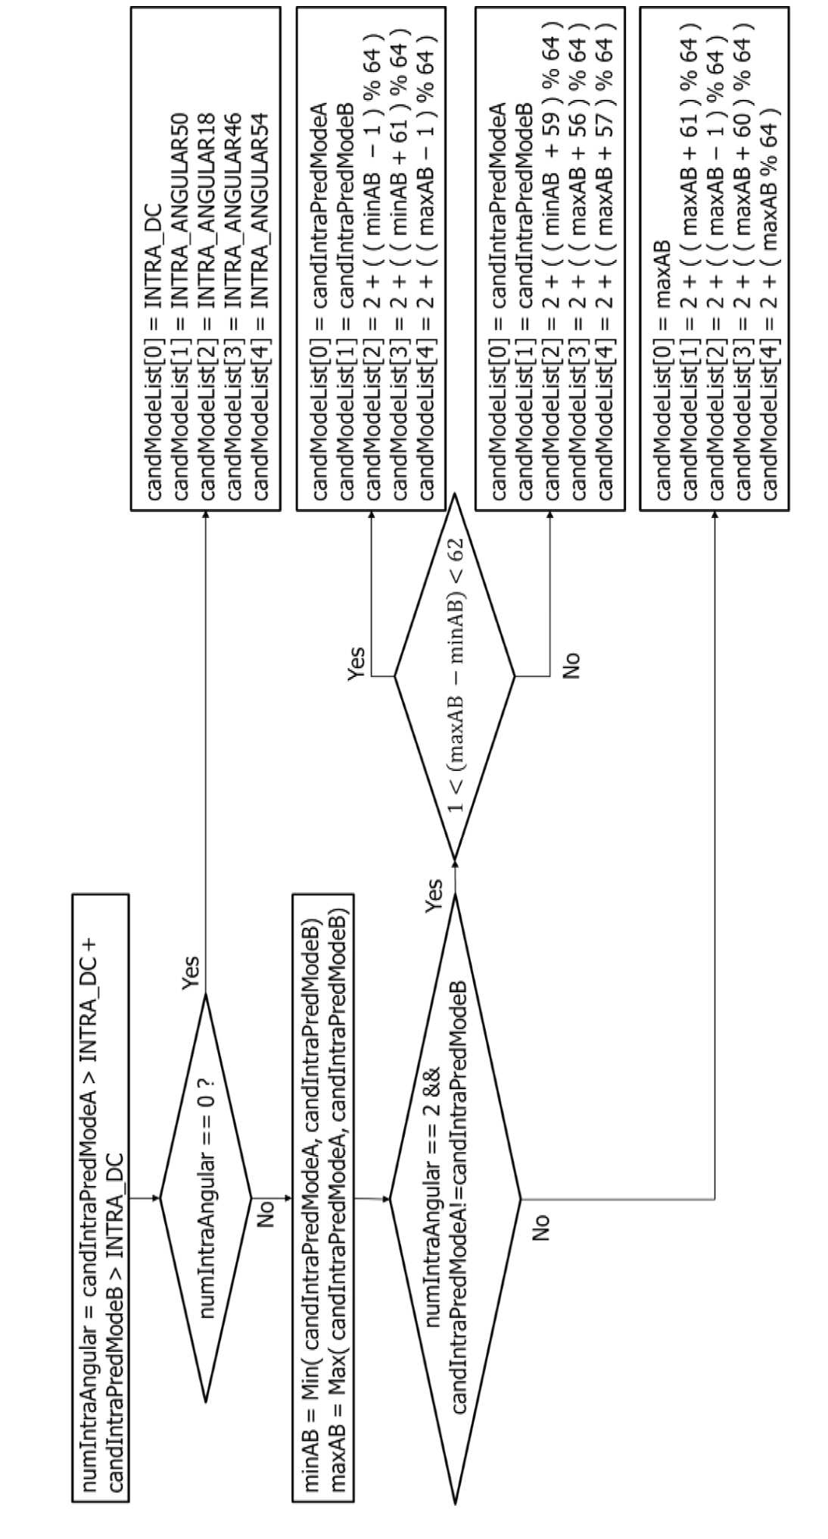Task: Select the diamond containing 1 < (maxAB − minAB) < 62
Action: point(454,676)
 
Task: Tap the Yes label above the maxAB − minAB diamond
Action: point(355,664)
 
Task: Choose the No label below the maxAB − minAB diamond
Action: point(571,664)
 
